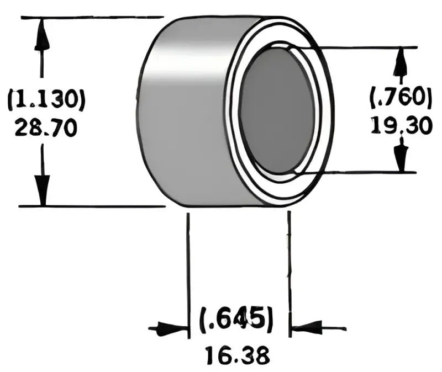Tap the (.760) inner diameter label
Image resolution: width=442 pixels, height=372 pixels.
click(x=401, y=98)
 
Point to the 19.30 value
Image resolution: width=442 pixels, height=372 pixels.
click(x=401, y=126)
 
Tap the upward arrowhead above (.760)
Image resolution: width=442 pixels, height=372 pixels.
click(x=401, y=64)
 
